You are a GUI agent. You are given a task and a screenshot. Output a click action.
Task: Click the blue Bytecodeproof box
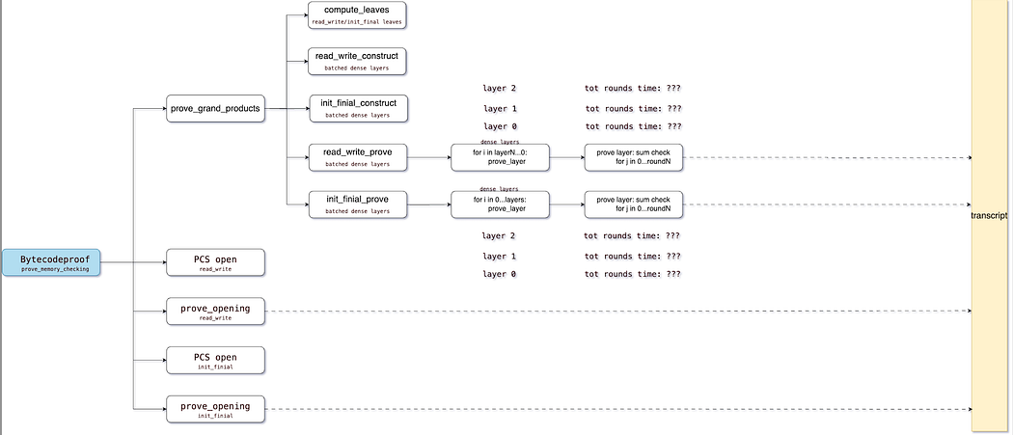[51, 262]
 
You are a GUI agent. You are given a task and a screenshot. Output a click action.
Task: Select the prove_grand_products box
[216, 109]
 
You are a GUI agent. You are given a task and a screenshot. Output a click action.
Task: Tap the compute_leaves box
[357, 14]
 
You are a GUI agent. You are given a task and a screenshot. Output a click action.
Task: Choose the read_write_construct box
[357, 61]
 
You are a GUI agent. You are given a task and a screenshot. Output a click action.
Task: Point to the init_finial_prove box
[357, 204]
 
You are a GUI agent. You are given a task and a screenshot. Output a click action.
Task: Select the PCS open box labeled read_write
[216, 262]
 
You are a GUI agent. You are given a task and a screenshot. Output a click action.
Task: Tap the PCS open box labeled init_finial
[216, 360]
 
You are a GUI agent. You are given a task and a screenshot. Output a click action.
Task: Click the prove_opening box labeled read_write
[216, 312]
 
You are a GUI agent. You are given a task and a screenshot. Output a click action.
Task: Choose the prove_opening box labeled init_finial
[216, 409]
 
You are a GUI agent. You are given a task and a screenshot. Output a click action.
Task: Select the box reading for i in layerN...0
[500, 158]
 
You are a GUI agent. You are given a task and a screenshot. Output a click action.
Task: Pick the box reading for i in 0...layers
[500, 204]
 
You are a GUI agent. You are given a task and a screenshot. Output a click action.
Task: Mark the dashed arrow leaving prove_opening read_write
[619, 311]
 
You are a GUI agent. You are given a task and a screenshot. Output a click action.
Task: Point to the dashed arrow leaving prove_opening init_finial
[619, 409]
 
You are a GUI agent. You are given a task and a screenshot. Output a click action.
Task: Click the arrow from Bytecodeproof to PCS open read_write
[133, 262]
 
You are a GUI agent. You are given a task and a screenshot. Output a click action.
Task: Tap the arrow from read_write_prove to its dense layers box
[429, 158]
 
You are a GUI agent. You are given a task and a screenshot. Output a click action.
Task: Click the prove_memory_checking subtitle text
[55, 269]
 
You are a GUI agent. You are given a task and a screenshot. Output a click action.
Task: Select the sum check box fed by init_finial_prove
[634, 204]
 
